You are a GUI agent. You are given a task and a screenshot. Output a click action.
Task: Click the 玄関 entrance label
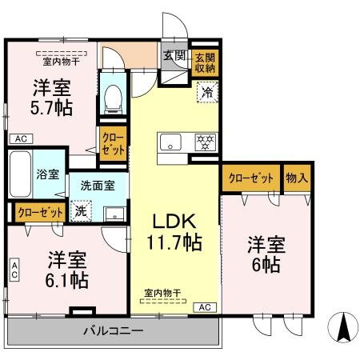[174, 55]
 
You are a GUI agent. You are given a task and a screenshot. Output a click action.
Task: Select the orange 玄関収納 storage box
[204, 62]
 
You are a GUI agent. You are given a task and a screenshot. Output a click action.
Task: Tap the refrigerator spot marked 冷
[206, 93]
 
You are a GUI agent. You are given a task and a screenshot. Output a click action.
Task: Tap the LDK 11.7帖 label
[173, 230]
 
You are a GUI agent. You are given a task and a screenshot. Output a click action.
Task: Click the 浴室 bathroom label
[46, 174]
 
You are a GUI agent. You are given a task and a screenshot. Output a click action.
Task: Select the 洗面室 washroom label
[98, 185]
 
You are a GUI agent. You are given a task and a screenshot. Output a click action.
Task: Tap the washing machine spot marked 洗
[81, 212]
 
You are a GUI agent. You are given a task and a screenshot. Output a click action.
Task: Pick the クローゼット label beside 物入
[251, 178]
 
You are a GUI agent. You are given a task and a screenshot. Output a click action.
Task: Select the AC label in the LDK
[204, 307]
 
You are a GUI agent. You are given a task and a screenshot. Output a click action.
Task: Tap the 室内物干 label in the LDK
[163, 293]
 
